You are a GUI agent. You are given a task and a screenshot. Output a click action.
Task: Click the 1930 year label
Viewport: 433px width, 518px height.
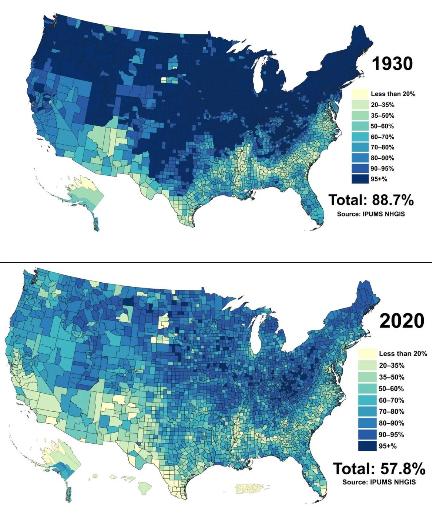click(x=392, y=64)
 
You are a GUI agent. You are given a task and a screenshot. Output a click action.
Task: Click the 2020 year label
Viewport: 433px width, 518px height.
click(x=402, y=321)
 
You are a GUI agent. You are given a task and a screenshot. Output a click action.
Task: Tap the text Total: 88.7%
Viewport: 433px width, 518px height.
click(x=371, y=200)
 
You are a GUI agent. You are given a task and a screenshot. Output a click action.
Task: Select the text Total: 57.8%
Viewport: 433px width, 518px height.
click(x=379, y=468)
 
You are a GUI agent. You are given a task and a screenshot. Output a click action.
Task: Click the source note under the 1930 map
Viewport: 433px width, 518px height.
click(x=371, y=214)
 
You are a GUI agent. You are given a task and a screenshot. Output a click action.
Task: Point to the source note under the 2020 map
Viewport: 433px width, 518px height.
click(x=379, y=482)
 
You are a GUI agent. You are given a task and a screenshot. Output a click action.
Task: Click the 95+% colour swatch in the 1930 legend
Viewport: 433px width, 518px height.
click(x=360, y=179)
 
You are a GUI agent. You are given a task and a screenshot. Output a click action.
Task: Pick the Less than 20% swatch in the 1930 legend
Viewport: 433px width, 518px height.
click(x=360, y=94)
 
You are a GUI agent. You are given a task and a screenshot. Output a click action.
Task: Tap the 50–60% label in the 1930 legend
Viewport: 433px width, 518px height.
click(x=382, y=126)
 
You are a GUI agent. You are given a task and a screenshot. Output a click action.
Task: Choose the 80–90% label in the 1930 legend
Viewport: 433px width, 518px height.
click(x=382, y=158)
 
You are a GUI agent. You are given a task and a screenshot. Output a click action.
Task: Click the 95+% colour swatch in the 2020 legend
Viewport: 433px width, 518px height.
click(x=367, y=446)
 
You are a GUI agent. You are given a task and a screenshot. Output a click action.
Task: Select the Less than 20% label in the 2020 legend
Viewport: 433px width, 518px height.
click(x=403, y=354)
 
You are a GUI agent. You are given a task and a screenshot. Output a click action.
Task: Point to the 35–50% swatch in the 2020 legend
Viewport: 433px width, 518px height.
click(x=367, y=377)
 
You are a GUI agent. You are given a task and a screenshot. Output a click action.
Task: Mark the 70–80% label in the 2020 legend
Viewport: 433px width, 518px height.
click(x=391, y=411)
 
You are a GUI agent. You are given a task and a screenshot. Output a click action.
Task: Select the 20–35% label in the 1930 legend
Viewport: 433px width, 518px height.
click(x=382, y=105)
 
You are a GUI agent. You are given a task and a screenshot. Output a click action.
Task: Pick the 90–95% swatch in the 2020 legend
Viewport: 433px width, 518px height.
click(x=367, y=434)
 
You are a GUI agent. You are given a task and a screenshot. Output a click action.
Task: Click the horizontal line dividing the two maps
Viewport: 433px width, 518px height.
click(x=216, y=262)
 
